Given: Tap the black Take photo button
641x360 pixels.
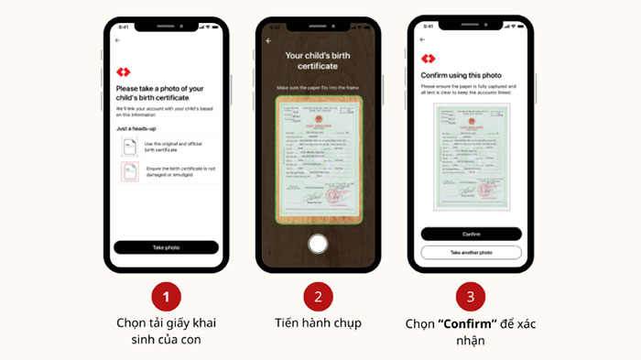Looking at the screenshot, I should [166, 247].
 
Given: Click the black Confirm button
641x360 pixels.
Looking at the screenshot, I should [472, 234].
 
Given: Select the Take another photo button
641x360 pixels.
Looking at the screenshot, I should [472, 252].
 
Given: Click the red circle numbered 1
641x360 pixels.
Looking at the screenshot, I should [166, 297].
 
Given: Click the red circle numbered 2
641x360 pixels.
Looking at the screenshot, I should [318, 297].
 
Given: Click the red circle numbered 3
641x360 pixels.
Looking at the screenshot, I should [471, 297].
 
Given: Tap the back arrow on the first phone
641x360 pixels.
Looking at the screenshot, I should [117, 40].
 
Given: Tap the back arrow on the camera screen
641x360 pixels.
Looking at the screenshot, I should [268, 41].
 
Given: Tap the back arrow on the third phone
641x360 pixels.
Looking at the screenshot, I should [422, 40].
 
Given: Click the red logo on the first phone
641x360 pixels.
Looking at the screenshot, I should [124, 71].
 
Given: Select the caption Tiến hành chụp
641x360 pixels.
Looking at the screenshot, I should [318, 323].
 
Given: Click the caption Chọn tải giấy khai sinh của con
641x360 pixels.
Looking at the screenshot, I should [166, 332].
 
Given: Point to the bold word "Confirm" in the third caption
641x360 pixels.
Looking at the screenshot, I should [469, 323].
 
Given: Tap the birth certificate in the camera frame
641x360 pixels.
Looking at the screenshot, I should [318, 158].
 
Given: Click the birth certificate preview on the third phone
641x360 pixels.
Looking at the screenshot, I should [471, 156].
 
